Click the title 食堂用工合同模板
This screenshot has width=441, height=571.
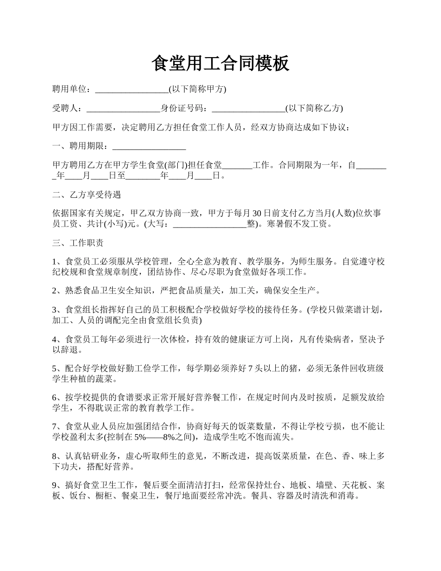tap(220, 64)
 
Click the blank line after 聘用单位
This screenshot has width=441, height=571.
tap(131, 89)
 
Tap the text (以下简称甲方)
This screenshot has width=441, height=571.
tap(197, 89)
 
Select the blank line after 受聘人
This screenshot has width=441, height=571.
tap(123, 109)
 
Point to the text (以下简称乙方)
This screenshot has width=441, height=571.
tap(314, 109)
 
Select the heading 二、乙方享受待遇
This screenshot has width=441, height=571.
tap(87, 195)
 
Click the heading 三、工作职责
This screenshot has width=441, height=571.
tap(78, 243)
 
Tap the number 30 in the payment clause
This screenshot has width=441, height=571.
tap(257, 214)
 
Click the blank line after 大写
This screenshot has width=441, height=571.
tap(209, 224)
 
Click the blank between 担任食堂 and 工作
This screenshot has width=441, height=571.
tap(237, 165)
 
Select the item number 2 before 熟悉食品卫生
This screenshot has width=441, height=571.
tap(55, 291)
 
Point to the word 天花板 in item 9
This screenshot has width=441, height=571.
tap(352, 485)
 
